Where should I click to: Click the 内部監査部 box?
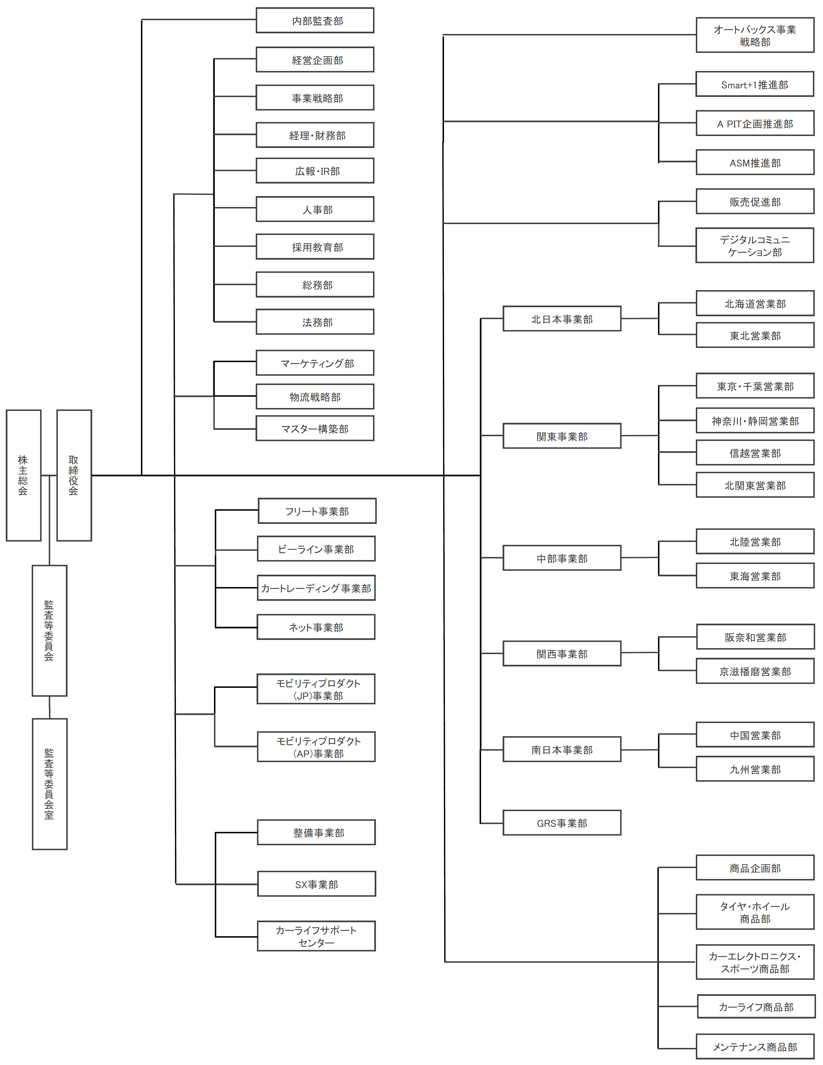tap(315, 21)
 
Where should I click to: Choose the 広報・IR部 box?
tap(315, 171)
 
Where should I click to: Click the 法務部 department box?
tap(315, 322)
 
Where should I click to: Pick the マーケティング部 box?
tap(315, 363)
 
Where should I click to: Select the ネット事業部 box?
tap(316, 627)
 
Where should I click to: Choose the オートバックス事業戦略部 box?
tap(755, 35)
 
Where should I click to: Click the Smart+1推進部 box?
tap(755, 84)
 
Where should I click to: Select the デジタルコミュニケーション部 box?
tap(755, 245)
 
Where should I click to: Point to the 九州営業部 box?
tap(755, 769)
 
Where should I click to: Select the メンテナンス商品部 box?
tap(755, 1046)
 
